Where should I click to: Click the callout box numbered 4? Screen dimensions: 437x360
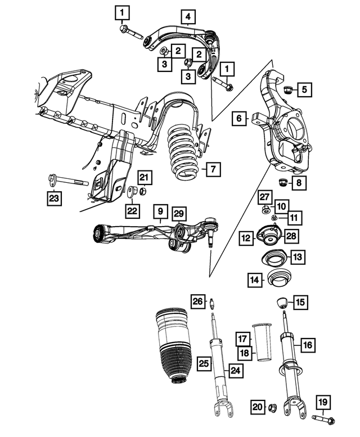(188, 18)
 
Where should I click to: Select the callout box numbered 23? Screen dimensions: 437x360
(54, 197)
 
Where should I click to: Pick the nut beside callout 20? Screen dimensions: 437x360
(273, 407)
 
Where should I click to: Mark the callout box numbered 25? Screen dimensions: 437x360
(203, 364)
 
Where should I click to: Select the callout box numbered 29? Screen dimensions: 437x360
(178, 213)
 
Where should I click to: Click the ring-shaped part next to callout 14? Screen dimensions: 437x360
(278, 278)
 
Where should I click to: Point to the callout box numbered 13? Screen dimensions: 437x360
(297, 257)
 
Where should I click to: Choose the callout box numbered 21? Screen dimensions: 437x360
(145, 178)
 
